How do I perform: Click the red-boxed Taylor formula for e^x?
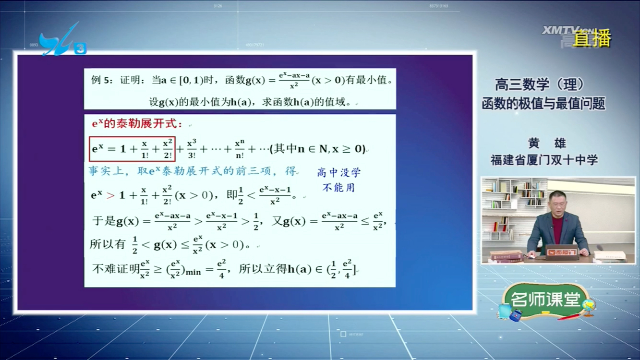coord(132,149)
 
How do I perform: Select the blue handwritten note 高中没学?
coord(338,173)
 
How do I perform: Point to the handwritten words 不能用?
coord(338,188)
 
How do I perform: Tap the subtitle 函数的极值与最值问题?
coord(543,103)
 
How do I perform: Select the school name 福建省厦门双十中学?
coord(544,160)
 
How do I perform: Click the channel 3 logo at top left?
coord(62,41)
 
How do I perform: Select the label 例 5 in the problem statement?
coord(102,81)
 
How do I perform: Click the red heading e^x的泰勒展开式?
coord(137,124)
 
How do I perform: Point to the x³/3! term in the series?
coord(192,149)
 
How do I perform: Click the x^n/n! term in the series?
coord(240,149)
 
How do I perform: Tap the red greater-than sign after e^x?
coord(110,195)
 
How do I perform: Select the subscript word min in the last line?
coord(193,273)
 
